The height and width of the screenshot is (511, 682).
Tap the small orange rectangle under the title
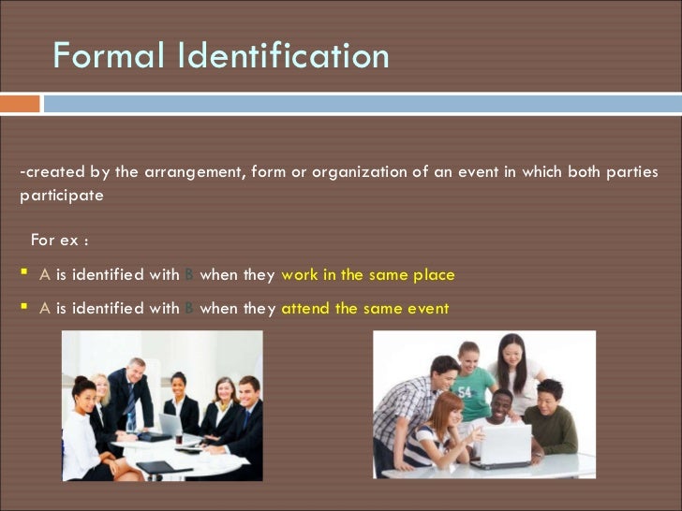[20, 104]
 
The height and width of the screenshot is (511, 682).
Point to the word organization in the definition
[360, 172]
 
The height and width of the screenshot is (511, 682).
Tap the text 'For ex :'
[60, 240]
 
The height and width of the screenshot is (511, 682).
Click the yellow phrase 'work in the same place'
[368, 275]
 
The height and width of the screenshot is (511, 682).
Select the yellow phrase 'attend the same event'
[365, 308]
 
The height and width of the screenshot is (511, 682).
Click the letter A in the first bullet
[44, 275]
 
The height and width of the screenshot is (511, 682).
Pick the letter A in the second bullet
[44, 308]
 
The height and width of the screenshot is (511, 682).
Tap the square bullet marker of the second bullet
[23, 308]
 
